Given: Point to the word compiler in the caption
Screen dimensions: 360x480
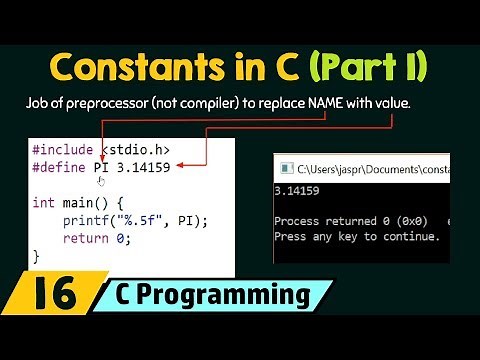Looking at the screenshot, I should pos(226,104).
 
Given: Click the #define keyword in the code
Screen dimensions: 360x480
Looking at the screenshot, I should pos(59,166).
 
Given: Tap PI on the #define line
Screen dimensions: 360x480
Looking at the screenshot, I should pos(102,166).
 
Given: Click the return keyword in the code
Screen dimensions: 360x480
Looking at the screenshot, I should pos(84,238).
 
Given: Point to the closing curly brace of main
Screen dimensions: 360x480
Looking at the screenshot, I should pos(36,256).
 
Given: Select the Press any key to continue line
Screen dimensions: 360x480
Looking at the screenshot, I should pos(356,237).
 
